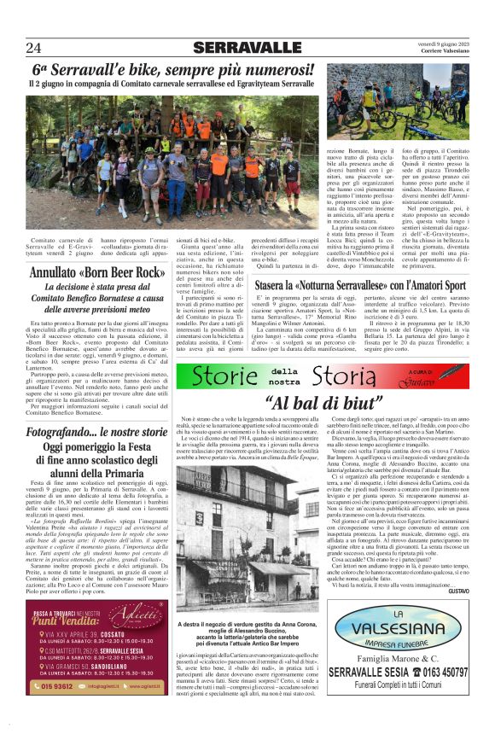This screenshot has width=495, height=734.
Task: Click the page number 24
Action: (34, 48)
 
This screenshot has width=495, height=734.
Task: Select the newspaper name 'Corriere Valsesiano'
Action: (442, 51)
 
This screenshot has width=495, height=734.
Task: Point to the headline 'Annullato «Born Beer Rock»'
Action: (96, 273)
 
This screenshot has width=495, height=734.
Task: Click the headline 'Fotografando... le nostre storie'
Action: (96, 434)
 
